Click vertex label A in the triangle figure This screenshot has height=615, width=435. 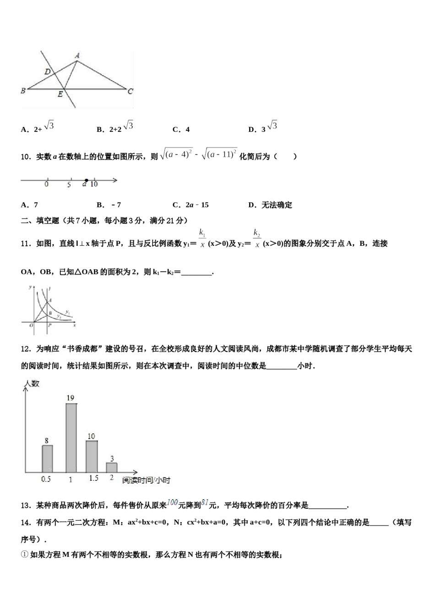coord(77,56)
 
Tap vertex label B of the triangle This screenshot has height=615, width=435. coord(23,91)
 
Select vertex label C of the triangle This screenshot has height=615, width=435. coord(130,91)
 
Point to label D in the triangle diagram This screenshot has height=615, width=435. coord(48,71)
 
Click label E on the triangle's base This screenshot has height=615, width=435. coord(60,95)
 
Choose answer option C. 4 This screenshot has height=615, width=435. coord(181,129)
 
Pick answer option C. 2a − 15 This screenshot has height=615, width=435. coord(190,205)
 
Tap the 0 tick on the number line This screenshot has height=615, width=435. coord(47,184)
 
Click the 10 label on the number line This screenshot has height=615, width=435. coord(94,184)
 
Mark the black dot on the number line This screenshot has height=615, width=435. coord(86,180)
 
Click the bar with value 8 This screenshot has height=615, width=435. coord(47,459)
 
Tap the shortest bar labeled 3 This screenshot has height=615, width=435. coord(112,467)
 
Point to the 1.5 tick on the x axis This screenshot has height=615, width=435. coord(93,478)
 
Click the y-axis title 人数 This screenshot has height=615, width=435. coord(32,383)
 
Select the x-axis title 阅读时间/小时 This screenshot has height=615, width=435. coord(146,480)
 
